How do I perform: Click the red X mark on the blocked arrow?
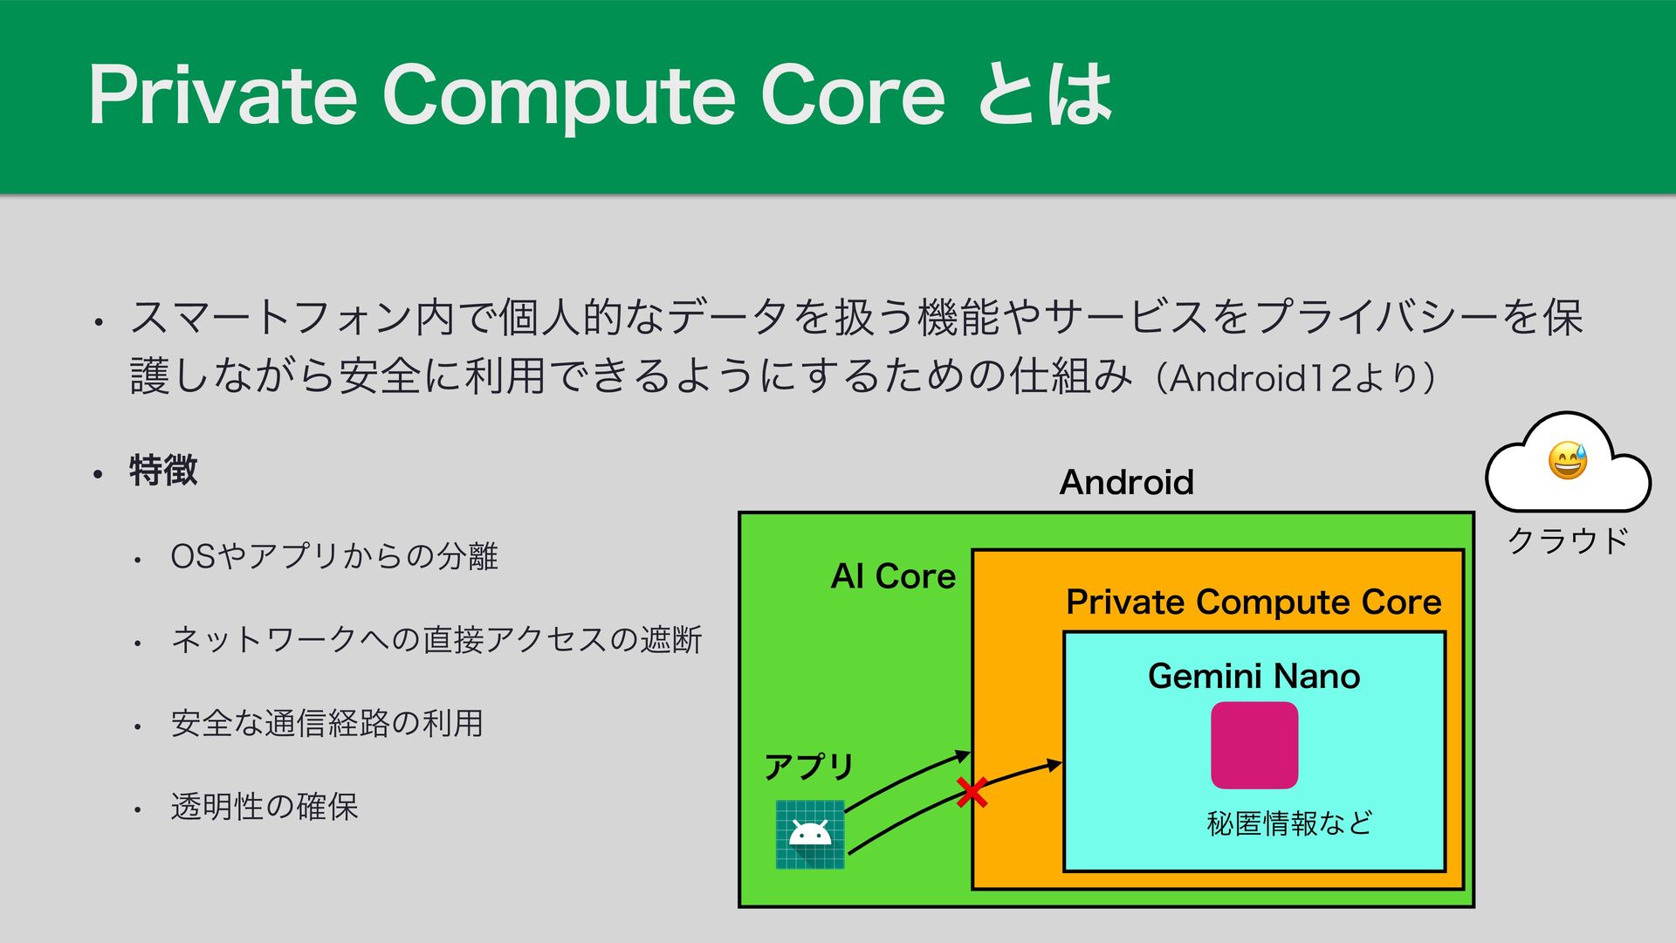pos(972,793)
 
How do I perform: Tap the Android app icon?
pos(810,834)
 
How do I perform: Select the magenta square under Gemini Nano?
pos(1254,745)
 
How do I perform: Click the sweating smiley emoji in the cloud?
pos(1567,460)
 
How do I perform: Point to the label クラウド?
pos(1568,540)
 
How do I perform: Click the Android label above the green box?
pos(1126,482)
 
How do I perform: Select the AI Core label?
pos(893,576)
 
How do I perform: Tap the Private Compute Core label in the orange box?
pos(1254,602)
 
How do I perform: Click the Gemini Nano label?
pos(1254,676)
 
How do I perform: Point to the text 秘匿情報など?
pos(1289,823)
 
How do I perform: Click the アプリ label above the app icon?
pos(808,767)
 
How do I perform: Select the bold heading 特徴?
pos(163,471)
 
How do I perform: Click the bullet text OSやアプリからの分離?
pos(334,556)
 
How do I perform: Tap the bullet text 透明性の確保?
pos(264,806)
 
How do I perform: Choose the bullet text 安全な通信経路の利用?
pos(326,723)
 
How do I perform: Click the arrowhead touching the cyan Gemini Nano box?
pos(1054,766)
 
